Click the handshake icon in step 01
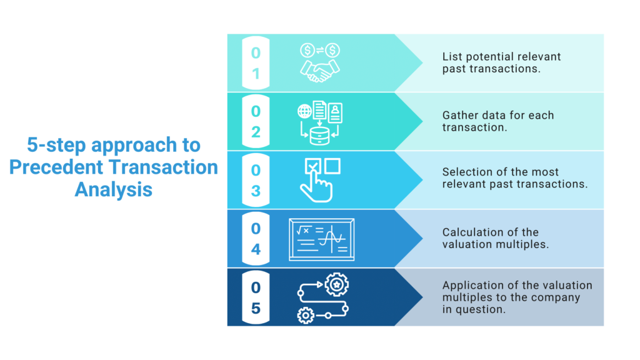pyautogui.click(x=319, y=71)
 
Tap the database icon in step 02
pyautogui.click(x=319, y=134)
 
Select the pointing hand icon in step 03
pyautogui.click(x=316, y=187)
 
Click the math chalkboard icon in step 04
pyautogui.click(x=321, y=240)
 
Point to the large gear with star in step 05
pyautogui.click(x=337, y=285)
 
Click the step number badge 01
pyautogui.click(x=256, y=63)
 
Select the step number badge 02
pyautogui.click(x=256, y=122)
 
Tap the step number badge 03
pyautogui.click(x=256, y=180)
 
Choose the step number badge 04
pyautogui.click(x=256, y=239)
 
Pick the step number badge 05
pyautogui.click(x=256, y=297)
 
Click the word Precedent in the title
pyautogui.click(x=54, y=167)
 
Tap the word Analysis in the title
pyautogui.click(x=113, y=189)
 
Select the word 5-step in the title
pyautogui.click(x=56, y=146)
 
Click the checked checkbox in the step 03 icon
pyautogui.click(x=312, y=166)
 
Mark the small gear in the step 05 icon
pyautogui.click(x=306, y=316)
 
